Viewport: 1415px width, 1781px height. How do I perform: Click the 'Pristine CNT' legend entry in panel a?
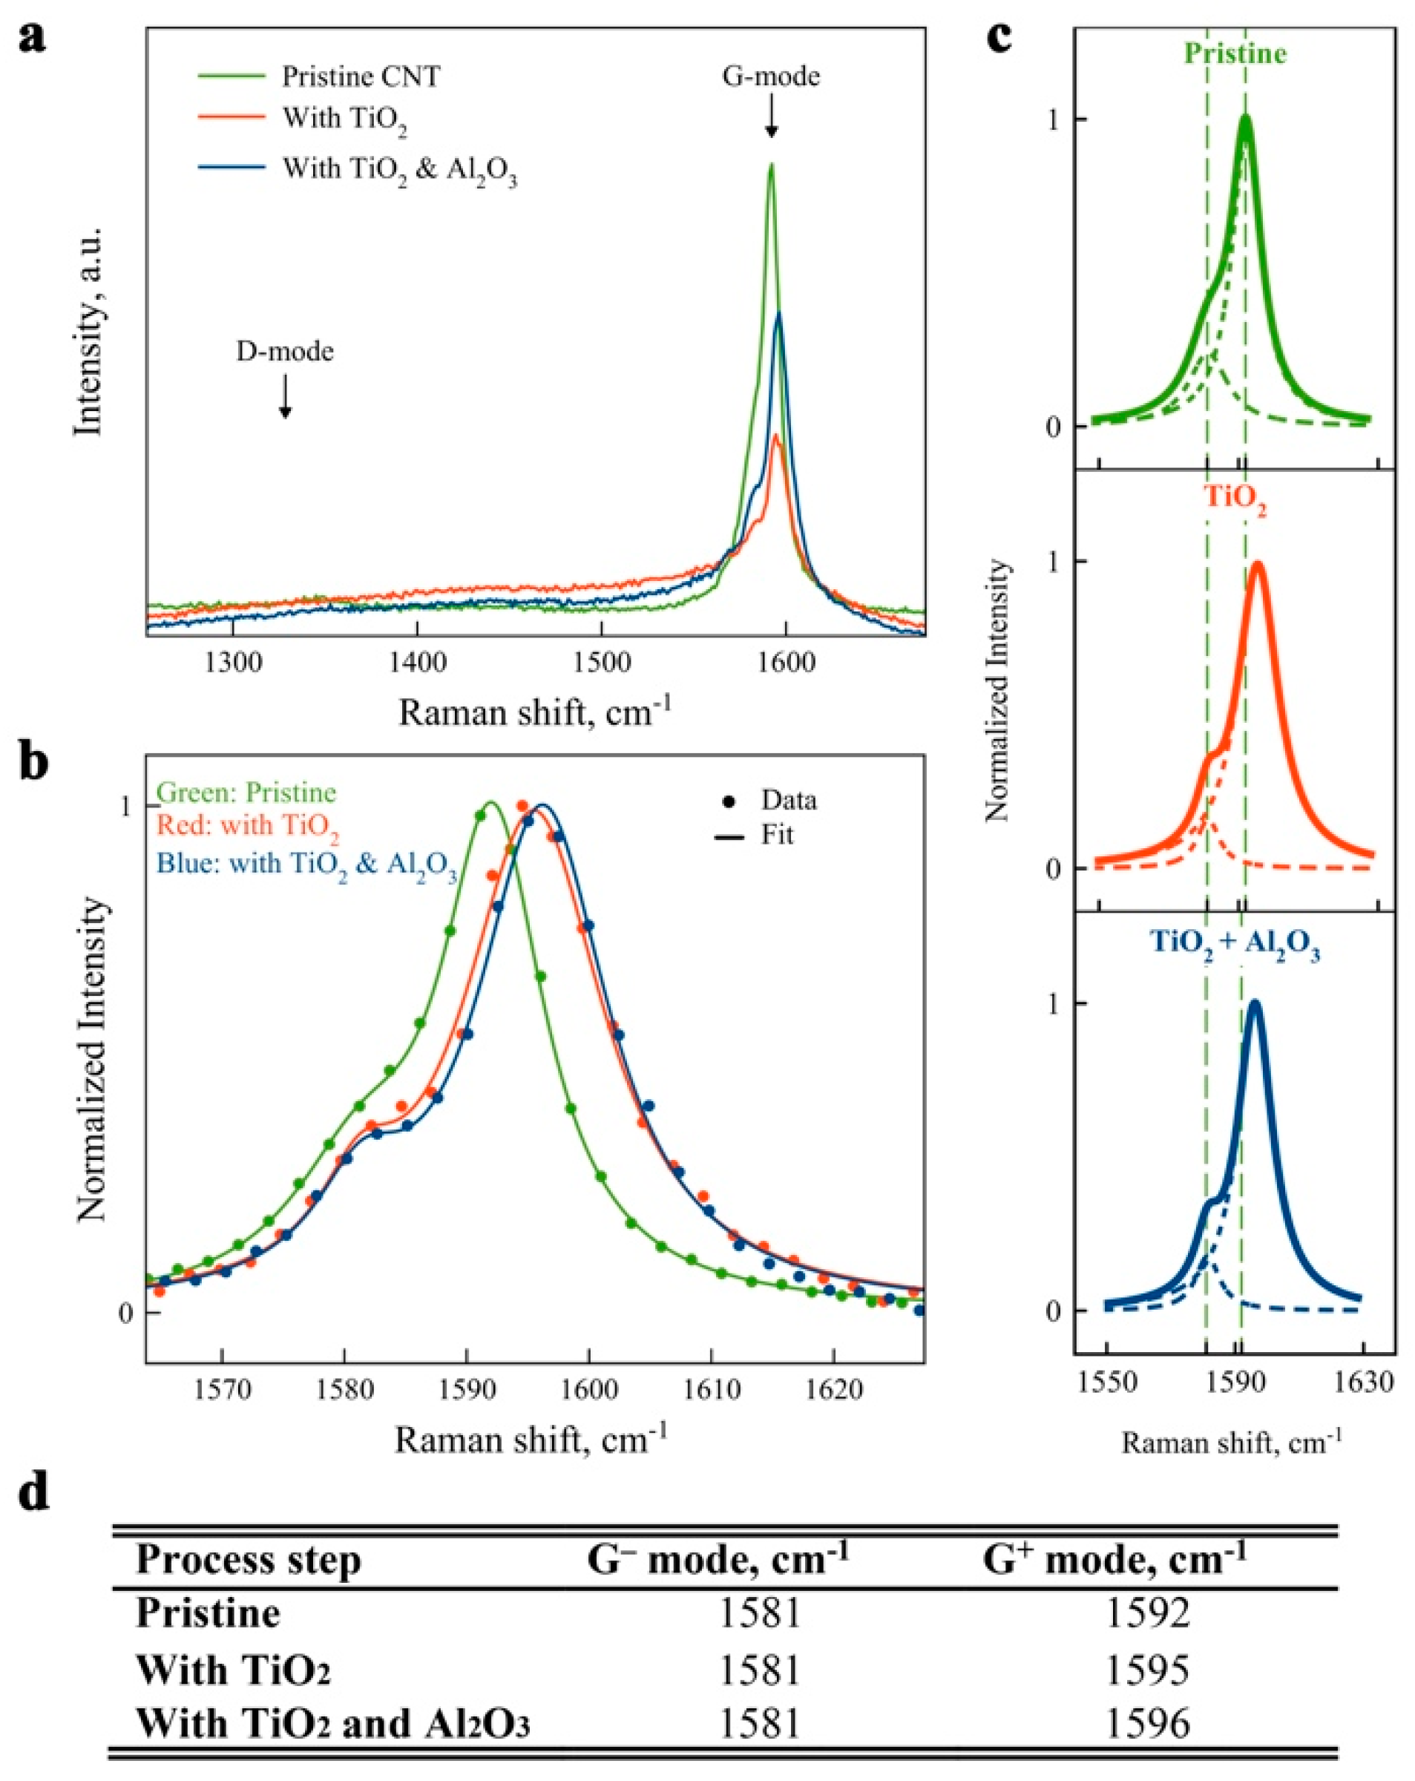(x=360, y=77)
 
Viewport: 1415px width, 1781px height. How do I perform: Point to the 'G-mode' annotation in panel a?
(x=770, y=77)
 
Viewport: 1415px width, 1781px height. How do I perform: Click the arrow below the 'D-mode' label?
(x=285, y=396)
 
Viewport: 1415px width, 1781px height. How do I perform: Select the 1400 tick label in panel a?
(x=417, y=662)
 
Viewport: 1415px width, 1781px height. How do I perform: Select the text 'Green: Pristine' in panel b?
(x=246, y=793)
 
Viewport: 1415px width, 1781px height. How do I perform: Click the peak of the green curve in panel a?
(x=771, y=165)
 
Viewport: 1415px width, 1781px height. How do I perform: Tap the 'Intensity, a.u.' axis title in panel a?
(x=88, y=330)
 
